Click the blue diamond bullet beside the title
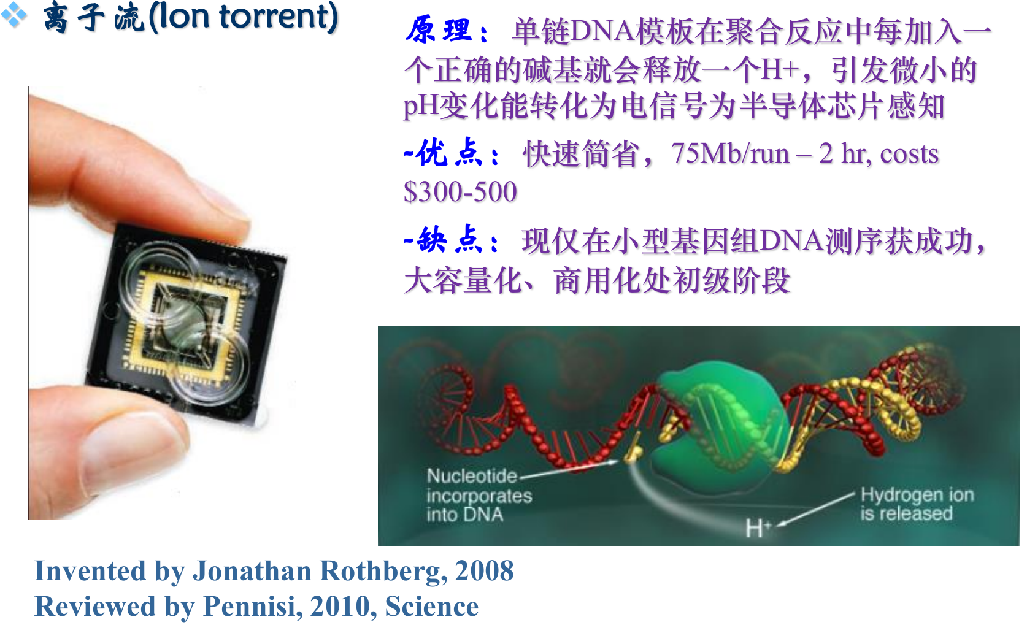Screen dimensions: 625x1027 [x=13, y=15]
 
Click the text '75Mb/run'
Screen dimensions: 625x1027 [x=730, y=153]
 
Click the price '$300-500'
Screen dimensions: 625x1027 [x=460, y=192]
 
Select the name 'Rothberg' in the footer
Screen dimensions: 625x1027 [x=380, y=571]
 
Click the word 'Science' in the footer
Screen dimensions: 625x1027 [x=432, y=607]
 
